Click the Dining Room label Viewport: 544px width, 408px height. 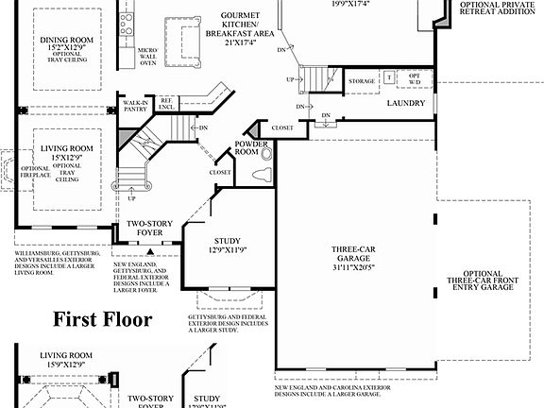coord(63,41)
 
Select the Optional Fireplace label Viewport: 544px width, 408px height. coord(35,176)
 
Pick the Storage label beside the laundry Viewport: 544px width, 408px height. coord(361,82)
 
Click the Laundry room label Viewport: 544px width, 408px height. coord(406,103)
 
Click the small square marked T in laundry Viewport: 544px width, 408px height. coord(388,78)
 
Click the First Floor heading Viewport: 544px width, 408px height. coord(102,319)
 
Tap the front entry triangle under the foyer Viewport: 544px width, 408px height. coord(148,251)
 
